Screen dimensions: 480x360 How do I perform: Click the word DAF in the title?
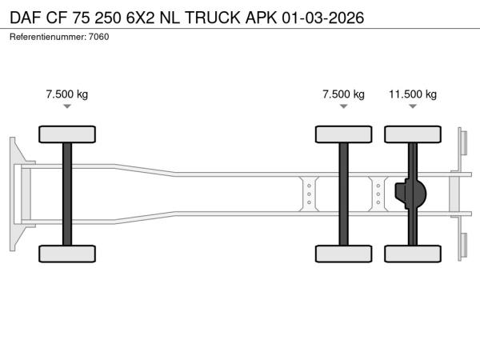[26, 18]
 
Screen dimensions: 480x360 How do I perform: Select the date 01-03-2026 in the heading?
[322, 18]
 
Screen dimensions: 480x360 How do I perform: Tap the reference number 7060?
[99, 37]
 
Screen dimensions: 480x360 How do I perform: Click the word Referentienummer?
[48, 37]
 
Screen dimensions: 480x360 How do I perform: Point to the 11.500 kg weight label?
[413, 94]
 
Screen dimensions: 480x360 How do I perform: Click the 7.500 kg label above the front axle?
[67, 94]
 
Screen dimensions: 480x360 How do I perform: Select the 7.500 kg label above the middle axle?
[343, 94]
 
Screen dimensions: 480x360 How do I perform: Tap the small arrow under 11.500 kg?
[413, 106]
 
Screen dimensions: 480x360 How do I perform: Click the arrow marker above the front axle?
[67, 106]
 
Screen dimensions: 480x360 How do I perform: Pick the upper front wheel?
[67, 134]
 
